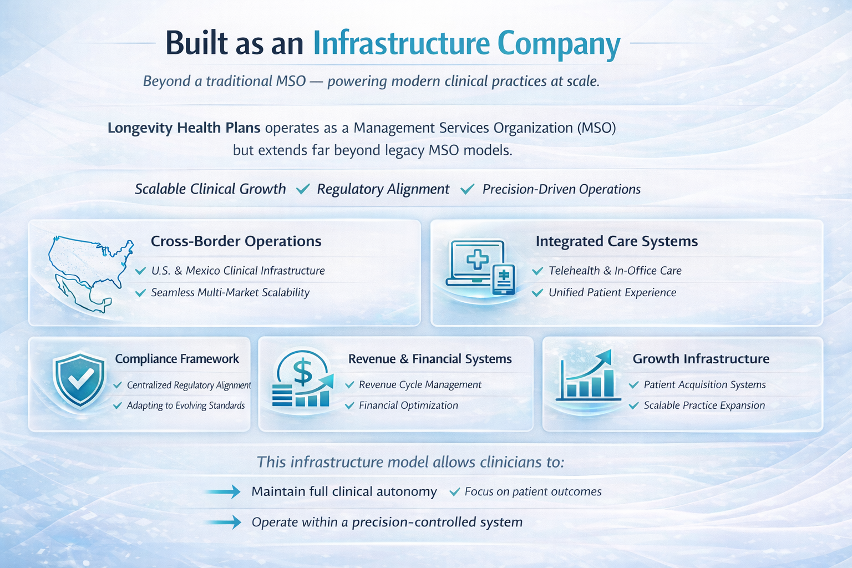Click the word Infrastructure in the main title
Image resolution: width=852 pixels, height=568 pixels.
pos(401,43)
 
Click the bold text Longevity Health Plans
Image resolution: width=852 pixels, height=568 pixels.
pos(184,128)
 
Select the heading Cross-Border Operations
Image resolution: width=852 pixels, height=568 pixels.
pos(236,241)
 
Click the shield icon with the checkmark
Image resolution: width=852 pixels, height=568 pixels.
pos(79,379)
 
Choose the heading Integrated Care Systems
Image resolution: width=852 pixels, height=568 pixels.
pos(617,241)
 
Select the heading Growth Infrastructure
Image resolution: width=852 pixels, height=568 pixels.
pos(701,359)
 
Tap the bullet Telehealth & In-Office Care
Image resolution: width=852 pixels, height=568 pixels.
pos(615,271)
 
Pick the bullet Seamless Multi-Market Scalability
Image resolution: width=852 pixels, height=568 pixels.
pos(230,292)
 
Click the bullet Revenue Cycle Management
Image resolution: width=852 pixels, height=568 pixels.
pos(420,384)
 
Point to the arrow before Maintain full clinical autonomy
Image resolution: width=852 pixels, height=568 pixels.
pos(223,491)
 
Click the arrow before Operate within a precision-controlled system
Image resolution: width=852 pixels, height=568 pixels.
pos(223,522)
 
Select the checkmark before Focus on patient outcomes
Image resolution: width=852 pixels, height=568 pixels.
pos(454,492)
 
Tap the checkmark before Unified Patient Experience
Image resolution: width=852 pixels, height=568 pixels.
pos(537,293)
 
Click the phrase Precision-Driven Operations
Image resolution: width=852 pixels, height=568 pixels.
pos(561,189)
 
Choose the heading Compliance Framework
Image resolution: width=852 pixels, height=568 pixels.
pos(177,359)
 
